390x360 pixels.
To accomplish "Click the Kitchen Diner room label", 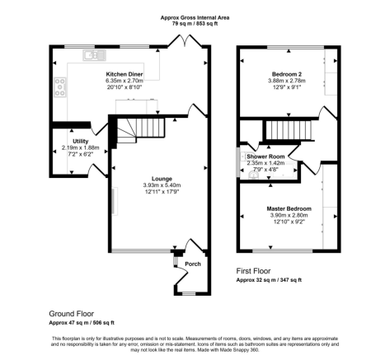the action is click(x=125, y=74).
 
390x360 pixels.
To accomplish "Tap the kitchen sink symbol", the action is click(x=94, y=55).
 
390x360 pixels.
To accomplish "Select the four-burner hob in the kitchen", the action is click(x=60, y=87).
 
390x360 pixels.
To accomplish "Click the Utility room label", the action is click(x=80, y=141).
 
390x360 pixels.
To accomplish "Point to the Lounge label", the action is click(x=162, y=179).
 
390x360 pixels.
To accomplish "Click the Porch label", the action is click(x=193, y=264).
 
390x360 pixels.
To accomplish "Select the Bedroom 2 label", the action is click(x=287, y=74).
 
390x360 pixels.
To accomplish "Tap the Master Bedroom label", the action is click(x=289, y=208).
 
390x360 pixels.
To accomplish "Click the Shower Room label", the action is click(x=265, y=157).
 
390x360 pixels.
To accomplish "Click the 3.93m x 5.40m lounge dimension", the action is click(x=162, y=185).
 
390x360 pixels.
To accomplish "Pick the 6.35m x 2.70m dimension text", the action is click(x=125, y=81).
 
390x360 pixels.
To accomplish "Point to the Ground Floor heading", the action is click(x=71, y=314).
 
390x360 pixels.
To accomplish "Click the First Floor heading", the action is click(x=253, y=271).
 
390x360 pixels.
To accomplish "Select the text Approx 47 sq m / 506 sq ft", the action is click(x=82, y=323).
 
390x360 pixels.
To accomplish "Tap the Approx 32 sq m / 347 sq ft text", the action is click(x=269, y=280).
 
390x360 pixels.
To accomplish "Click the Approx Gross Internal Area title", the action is click(x=195, y=17).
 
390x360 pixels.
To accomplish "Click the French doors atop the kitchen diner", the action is click(x=185, y=40).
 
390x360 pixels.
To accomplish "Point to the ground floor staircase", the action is click(x=141, y=130).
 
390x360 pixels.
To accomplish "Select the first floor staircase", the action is click(x=289, y=130).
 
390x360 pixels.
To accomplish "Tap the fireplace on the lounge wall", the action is click(x=115, y=201).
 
